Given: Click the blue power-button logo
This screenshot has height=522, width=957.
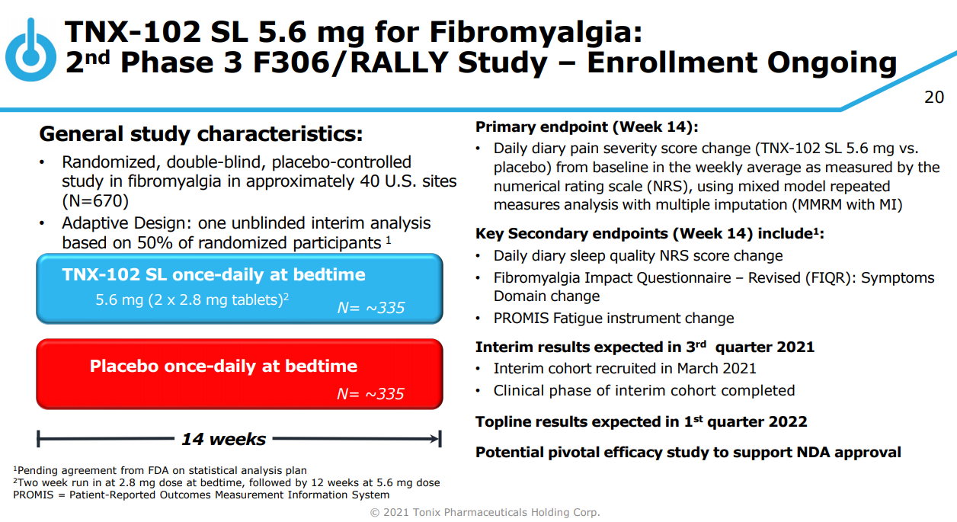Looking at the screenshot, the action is [x=30, y=50].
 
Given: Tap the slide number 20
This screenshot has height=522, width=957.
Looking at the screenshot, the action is [x=934, y=98].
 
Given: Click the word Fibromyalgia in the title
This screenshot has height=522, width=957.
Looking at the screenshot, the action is [x=536, y=33].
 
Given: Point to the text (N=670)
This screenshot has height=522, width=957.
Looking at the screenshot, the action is [x=95, y=200].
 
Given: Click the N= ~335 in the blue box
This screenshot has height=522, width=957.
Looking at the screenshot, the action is [x=371, y=308].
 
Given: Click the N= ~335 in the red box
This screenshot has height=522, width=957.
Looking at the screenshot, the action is [x=370, y=393].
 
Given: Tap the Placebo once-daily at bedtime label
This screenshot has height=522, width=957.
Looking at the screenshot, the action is [x=223, y=366].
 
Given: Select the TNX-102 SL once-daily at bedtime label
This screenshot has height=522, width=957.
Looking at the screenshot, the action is [x=213, y=274].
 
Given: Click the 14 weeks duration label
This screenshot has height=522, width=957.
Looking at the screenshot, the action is [x=223, y=439].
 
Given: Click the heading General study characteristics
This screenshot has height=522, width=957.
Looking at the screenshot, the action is [x=201, y=133].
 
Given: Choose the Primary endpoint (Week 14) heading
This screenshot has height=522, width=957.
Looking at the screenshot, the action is [x=587, y=126].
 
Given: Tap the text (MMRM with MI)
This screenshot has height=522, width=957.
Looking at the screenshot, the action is [x=847, y=205].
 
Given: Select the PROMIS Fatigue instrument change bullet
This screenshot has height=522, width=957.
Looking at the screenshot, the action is [x=613, y=319].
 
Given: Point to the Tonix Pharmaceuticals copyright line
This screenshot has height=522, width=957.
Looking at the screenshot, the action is [x=485, y=512].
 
